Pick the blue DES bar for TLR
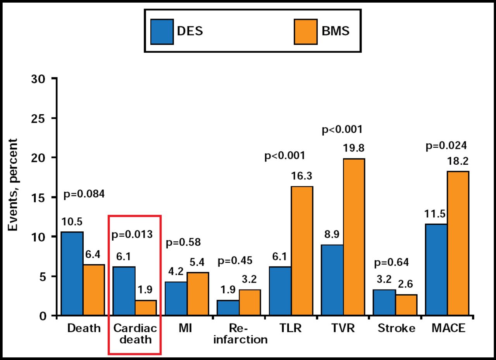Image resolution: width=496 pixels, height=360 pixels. [281, 291]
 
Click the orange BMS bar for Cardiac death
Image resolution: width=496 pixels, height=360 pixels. [146, 308]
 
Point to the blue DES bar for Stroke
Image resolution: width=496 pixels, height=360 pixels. [385, 303]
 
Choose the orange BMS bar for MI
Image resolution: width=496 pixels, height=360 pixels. [198, 294]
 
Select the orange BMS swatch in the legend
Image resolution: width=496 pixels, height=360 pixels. [306, 31]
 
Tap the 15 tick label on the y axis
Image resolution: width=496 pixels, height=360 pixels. [40, 197]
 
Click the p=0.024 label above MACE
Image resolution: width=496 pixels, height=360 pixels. [446, 146]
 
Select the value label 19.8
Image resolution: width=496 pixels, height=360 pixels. [354, 148]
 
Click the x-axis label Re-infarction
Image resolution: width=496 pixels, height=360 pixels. [240, 334]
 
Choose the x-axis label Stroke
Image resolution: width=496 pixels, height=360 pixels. [396, 328]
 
